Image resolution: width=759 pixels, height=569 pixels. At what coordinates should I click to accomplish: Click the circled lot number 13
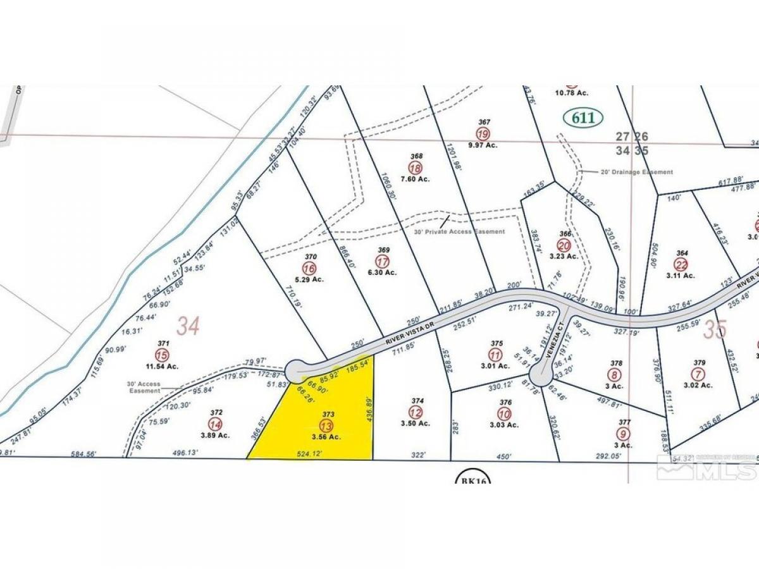pyautogui.click(x=326, y=425)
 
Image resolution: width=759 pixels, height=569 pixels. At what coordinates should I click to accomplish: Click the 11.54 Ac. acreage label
pyautogui.click(x=163, y=365)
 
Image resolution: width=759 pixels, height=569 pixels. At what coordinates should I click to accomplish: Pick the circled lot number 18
pyautogui.click(x=416, y=168)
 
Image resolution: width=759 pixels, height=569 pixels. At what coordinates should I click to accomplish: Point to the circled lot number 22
pyautogui.click(x=681, y=265)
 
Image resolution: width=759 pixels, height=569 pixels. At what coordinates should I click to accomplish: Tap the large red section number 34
pyautogui.click(x=188, y=327)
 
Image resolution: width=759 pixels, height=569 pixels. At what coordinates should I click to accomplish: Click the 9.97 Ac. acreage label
pyautogui.click(x=483, y=145)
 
